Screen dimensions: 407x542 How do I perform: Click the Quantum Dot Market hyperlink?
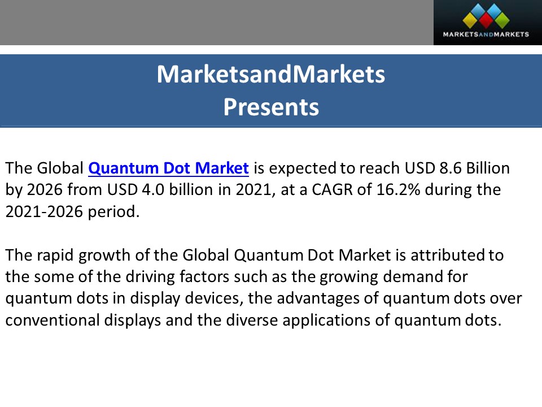coord(168,168)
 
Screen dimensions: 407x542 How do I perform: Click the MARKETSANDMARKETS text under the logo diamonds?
coord(486,34)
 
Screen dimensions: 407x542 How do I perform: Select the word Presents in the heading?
coord(271,107)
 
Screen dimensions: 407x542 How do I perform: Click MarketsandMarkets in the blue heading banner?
coord(271,75)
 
